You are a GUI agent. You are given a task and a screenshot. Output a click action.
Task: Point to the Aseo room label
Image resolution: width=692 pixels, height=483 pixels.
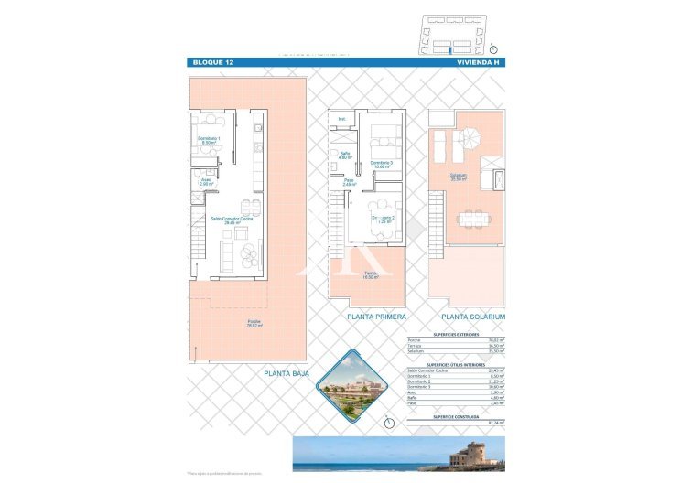(206, 181)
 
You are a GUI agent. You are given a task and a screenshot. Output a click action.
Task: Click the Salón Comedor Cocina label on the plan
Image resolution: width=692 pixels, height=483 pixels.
(232, 220)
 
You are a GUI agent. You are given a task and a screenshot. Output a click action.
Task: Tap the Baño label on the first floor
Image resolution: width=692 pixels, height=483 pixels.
(344, 156)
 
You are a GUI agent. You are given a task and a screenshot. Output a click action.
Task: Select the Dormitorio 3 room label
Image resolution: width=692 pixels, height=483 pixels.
(382, 165)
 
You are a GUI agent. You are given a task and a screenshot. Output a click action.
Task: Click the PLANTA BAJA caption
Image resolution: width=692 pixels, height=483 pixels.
(286, 373)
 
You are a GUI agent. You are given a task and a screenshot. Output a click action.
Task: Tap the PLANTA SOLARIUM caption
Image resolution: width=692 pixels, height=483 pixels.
(472, 317)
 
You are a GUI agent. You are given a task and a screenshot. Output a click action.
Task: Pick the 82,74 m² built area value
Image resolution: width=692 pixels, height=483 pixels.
(496, 423)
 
